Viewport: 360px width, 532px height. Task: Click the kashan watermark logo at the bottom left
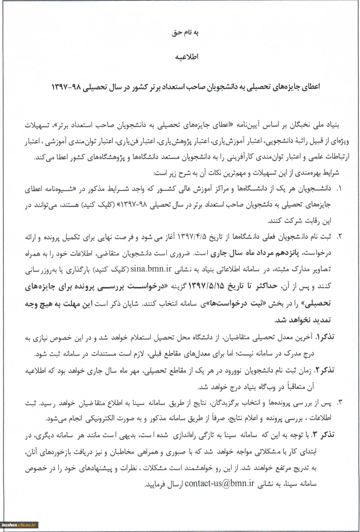(19, 524)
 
